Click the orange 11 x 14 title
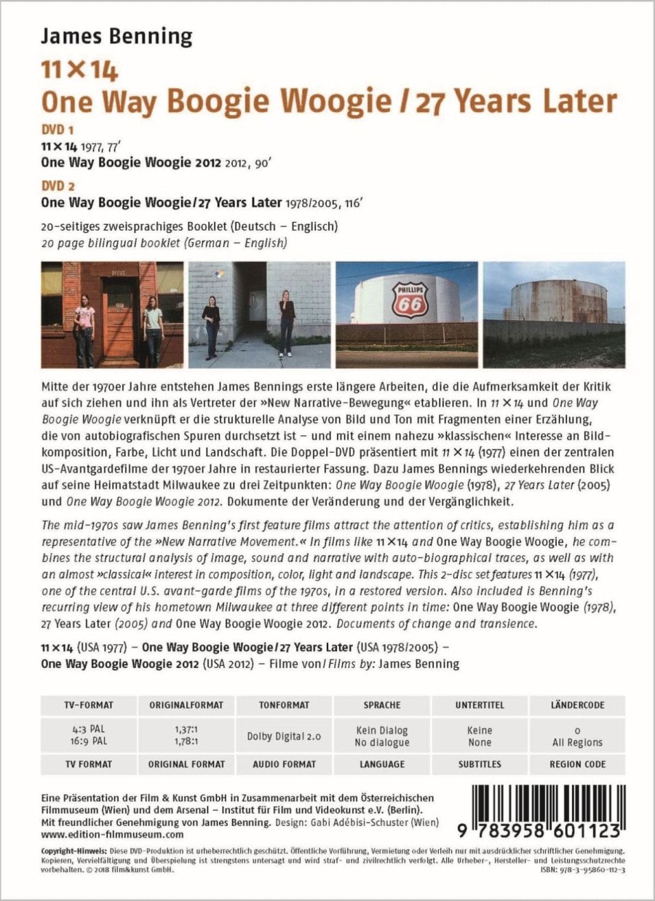[79, 71]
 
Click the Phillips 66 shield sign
[410, 300]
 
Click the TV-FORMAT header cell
[88, 705]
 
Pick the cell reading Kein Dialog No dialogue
[382, 736]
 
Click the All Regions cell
[577, 742]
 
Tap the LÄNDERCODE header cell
[577, 705]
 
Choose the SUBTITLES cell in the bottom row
[480, 764]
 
